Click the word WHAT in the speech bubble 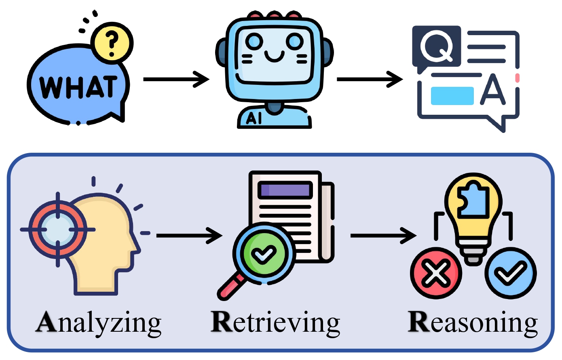pyautogui.click(x=78, y=86)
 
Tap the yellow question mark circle pyautogui.click(x=112, y=42)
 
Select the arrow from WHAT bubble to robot pyautogui.click(x=176, y=79)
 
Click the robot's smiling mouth pyautogui.click(x=274, y=56)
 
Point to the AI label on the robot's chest pyautogui.click(x=254, y=118)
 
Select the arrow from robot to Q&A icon pyautogui.click(x=370, y=79)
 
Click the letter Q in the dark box pyautogui.click(x=437, y=46)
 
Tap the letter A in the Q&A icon pyautogui.click(x=493, y=89)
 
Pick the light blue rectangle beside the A pyautogui.click(x=452, y=96)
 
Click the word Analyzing pyautogui.click(x=98, y=323)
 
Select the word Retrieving pyautogui.click(x=275, y=323)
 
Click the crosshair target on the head pyautogui.click(x=58, y=229)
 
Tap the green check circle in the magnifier pyautogui.click(x=264, y=254)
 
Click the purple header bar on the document pyautogui.click(x=285, y=190)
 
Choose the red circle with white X pyautogui.click(x=436, y=273)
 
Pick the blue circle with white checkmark pyautogui.click(x=511, y=273)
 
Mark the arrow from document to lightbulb pyautogui.click(x=384, y=236)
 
